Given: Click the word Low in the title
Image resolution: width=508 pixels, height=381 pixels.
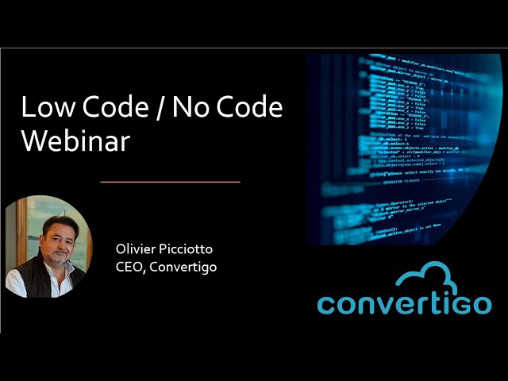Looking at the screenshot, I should click(40, 108).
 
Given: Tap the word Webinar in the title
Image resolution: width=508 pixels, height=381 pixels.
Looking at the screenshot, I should click(75, 140).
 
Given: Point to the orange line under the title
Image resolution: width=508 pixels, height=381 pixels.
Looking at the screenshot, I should click(170, 182).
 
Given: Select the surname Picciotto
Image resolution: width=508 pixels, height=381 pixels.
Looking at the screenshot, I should click(186, 249).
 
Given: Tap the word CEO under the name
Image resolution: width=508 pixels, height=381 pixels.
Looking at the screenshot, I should click(129, 267).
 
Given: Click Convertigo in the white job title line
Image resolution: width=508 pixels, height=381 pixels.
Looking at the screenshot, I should click(183, 267).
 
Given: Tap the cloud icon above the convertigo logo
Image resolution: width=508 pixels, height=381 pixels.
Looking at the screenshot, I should click(432, 277).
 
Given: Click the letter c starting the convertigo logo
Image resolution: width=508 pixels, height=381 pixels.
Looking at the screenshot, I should click(326, 303).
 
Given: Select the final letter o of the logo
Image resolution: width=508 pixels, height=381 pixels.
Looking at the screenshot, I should click(481, 303).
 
